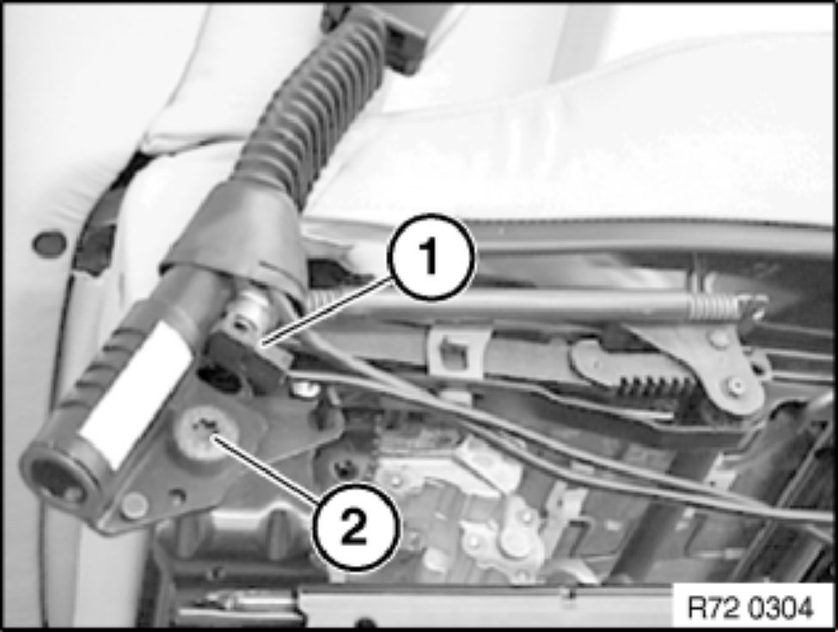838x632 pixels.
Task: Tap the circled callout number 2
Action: coord(354,526)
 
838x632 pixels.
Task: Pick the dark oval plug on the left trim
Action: coord(49,244)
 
